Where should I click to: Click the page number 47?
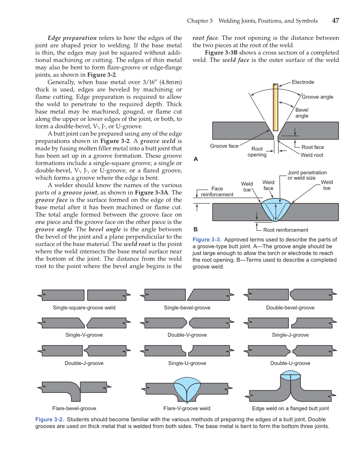(x=335, y=21)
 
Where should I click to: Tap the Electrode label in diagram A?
(x=303, y=82)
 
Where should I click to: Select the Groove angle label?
(x=317, y=97)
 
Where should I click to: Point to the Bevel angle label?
(x=302, y=113)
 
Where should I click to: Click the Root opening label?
(x=257, y=152)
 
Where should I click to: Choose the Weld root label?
(x=312, y=155)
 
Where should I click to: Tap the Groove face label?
(x=224, y=146)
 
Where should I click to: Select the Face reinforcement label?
(x=217, y=192)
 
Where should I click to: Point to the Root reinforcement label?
(x=286, y=230)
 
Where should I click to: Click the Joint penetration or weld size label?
(x=307, y=175)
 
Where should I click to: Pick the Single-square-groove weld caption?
(x=84, y=307)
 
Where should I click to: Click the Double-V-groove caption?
(x=187, y=335)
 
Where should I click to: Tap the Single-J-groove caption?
(x=290, y=335)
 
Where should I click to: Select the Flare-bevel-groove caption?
(x=74, y=408)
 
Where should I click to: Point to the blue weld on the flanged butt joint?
(x=290, y=376)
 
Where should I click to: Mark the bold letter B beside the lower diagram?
(x=195, y=229)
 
